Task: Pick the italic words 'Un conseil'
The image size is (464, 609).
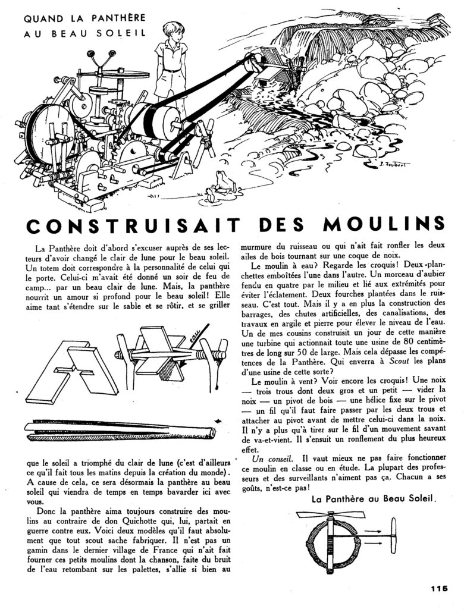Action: [268, 459]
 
